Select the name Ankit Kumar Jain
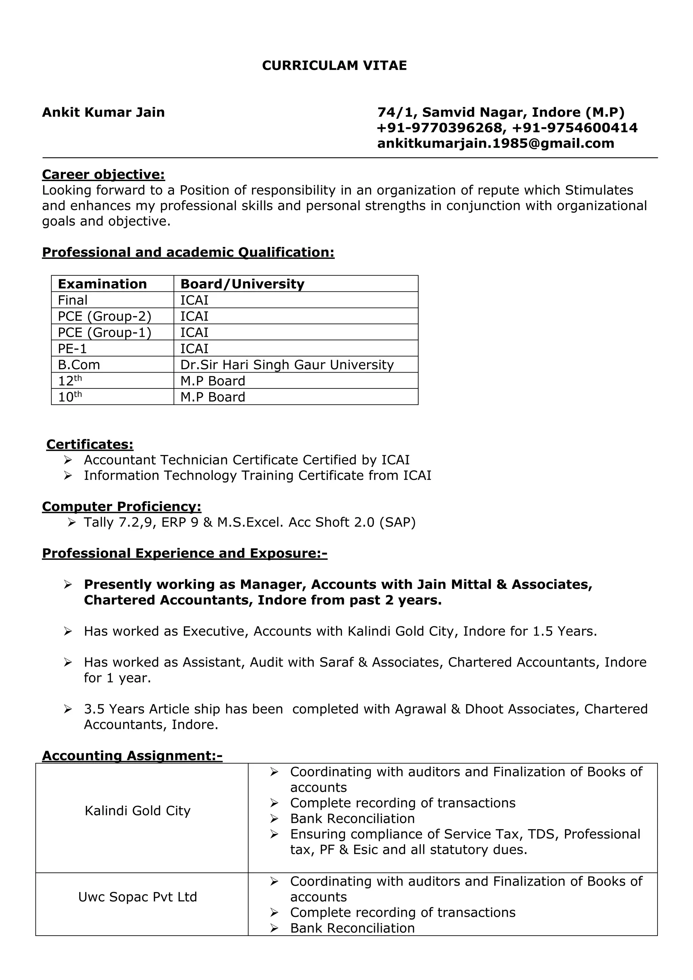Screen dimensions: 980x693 103,112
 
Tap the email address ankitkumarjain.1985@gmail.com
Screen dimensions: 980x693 495,143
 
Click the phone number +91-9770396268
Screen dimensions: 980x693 440,128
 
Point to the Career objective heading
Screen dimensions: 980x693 103,175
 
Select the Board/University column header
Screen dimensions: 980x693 242,284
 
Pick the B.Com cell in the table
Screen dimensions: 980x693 79,365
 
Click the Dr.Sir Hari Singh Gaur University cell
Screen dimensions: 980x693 287,365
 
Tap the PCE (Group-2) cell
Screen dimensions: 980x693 105,316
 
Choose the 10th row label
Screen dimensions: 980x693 70,397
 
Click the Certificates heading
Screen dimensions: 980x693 90,444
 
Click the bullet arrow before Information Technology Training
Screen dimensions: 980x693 68,475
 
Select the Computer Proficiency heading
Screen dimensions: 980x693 121,507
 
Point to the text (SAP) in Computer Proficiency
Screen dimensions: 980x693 397,522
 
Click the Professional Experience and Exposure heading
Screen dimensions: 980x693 184,553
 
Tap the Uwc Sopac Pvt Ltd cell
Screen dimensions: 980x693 137,897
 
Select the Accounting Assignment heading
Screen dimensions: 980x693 132,756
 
